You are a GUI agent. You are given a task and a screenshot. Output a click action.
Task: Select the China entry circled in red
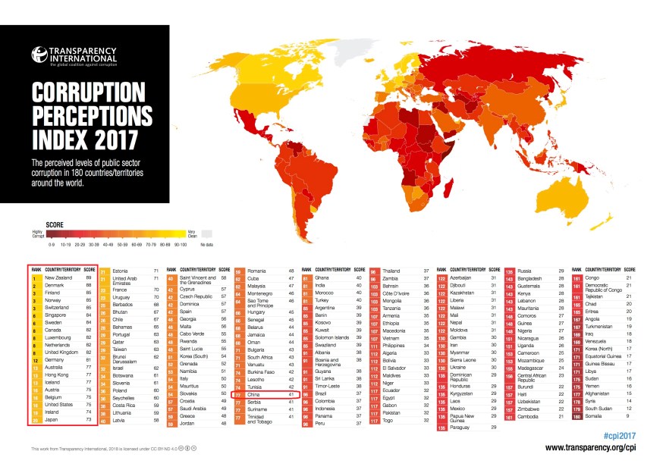[256, 394]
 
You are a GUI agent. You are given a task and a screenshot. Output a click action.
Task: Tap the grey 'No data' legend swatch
[206, 236]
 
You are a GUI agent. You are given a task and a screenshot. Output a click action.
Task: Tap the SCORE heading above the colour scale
[55, 224]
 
